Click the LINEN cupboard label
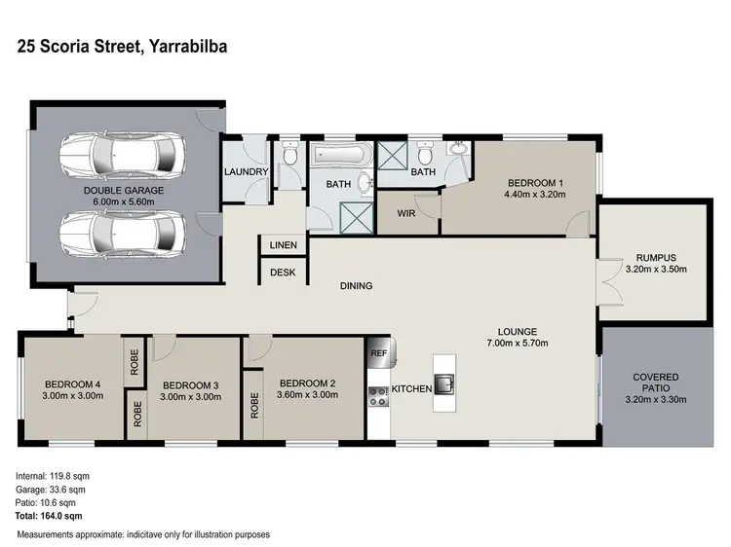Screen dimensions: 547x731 [284, 245]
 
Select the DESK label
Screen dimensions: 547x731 [284, 273]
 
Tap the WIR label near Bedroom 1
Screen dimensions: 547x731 [407, 214]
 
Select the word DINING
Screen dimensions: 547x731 [357, 285]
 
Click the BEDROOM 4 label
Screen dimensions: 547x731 [73, 383]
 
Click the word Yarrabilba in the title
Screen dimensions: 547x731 [187, 46]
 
